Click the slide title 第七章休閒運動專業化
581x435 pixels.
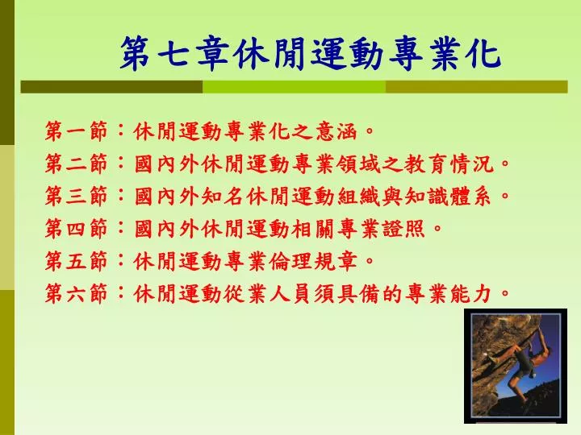click(x=311, y=53)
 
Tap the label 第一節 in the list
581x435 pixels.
click(x=77, y=131)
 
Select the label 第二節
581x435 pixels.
click(x=77, y=164)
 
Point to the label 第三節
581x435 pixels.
click(x=77, y=196)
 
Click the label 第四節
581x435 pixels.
click(x=77, y=229)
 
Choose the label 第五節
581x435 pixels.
click(x=77, y=261)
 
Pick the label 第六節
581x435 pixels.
click(x=77, y=294)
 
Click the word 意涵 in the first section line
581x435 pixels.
click(x=336, y=131)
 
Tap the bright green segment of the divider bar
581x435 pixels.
click(x=295, y=87)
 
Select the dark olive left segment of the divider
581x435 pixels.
click(x=111, y=87)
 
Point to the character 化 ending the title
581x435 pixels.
click(x=486, y=54)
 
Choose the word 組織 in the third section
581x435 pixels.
click(x=359, y=196)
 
